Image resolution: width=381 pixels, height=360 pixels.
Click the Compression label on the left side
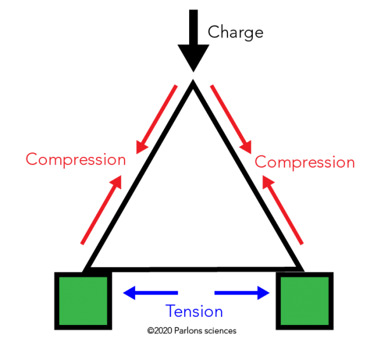[76, 159]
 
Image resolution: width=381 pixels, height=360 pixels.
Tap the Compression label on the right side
[305, 162]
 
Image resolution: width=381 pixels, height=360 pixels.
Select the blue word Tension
[194, 312]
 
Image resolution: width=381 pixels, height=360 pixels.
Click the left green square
[83, 301]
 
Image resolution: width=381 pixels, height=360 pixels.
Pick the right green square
[305, 301]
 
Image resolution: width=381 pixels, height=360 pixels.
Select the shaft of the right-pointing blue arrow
[235, 293]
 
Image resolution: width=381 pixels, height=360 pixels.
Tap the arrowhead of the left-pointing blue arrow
[130, 293]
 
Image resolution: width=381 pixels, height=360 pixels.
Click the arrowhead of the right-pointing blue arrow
[264, 293]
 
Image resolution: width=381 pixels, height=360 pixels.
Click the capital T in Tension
[170, 312]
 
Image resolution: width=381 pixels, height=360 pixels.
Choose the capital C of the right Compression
[260, 163]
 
